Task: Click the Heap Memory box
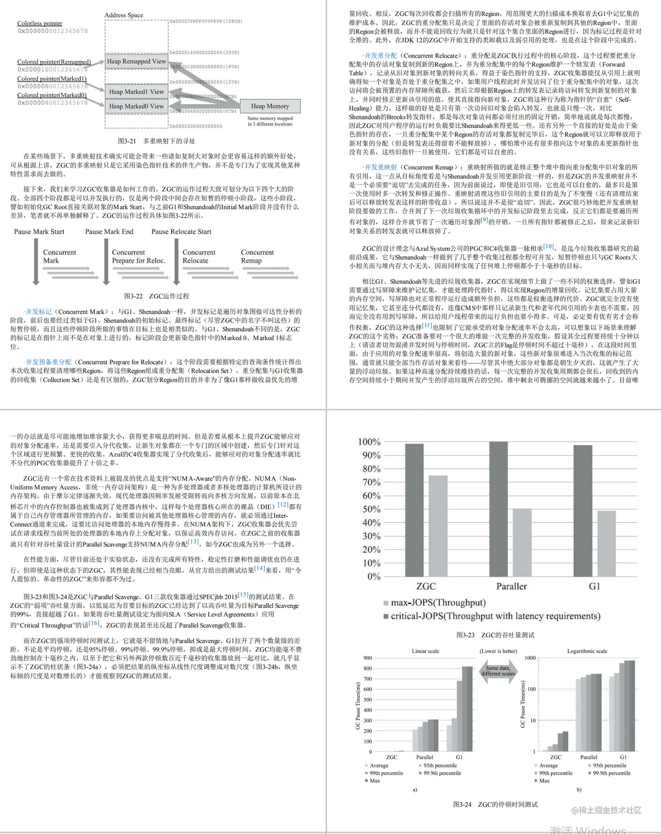point(270,106)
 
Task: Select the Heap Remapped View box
point(136,62)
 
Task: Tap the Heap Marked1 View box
point(136,92)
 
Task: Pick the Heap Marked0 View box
point(136,106)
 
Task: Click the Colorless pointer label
point(40,23)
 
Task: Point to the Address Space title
point(124,15)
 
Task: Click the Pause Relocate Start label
point(181,232)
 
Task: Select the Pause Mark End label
point(109,232)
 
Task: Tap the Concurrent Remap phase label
point(257,256)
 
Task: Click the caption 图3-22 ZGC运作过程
point(157,296)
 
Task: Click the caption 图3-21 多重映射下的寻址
point(157,141)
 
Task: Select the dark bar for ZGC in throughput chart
point(414,510)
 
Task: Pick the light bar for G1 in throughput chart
point(606,543)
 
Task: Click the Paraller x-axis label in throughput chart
point(511,586)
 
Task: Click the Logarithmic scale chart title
point(587,651)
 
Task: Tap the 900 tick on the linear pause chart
point(368,658)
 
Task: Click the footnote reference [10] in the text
point(549,246)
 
